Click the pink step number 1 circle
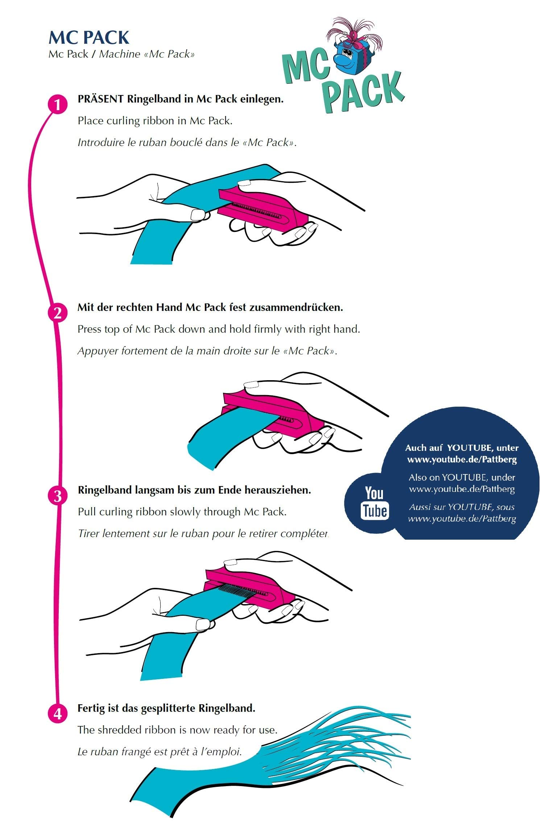point(58,105)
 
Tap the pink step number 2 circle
point(58,313)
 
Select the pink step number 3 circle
point(58,496)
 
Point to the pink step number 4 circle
point(58,714)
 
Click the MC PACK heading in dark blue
point(89,38)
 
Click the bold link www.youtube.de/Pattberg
point(462,460)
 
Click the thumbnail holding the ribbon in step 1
point(198,215)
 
